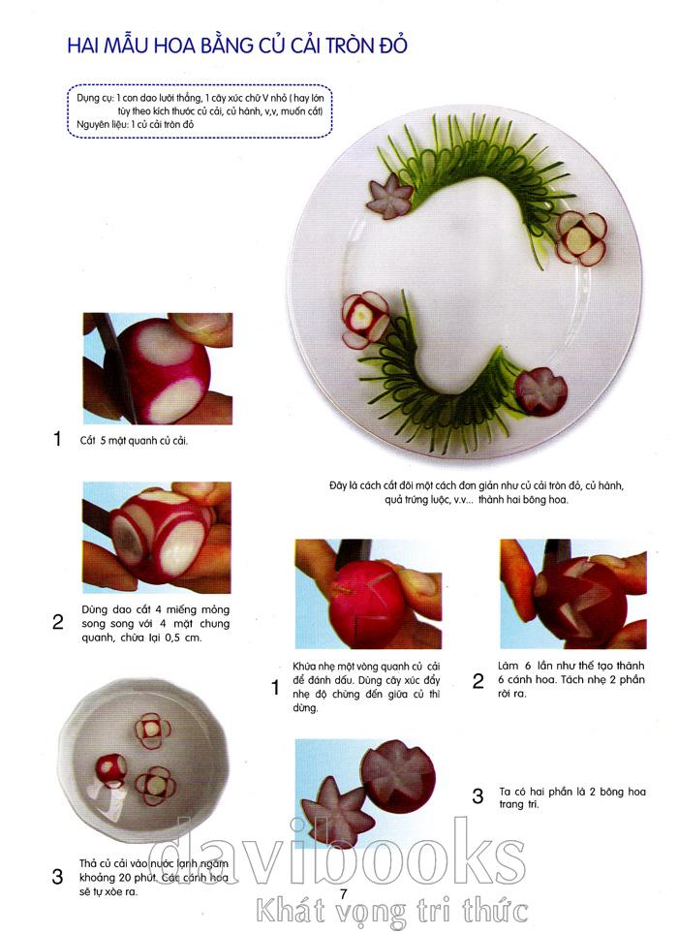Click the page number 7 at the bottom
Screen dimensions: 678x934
(x=343, y=893)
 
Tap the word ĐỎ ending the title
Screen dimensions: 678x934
(x=393, y=45)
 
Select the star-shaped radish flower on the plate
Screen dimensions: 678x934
(x=389, y=197)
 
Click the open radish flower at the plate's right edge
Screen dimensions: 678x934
(x=581, y=238)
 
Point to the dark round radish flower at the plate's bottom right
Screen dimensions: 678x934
(x=541, y=392)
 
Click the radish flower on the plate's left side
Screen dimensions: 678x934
(x=364, y=320)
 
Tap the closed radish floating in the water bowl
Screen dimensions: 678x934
(x=110, y=770)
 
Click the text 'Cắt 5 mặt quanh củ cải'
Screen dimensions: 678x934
(x=134, y=441)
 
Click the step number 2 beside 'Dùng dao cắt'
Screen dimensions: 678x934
(x=58, y=622)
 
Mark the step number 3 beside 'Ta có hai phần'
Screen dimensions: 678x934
(x=478, y=796)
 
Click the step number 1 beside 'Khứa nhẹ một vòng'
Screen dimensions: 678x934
(x=275, y=687)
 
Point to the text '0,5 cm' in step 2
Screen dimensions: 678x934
(x=185, y=638)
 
